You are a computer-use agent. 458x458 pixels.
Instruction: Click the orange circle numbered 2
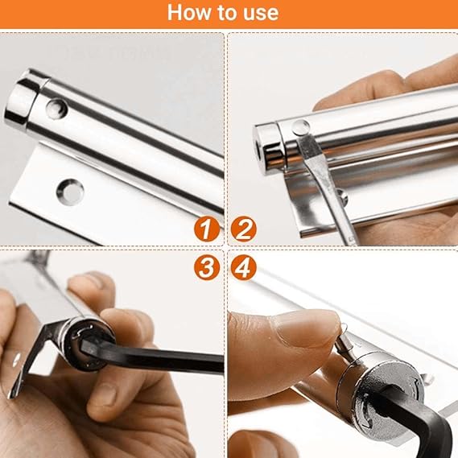244,229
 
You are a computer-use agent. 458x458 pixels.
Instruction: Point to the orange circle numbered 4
244,266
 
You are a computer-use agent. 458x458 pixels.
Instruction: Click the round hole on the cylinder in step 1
56,109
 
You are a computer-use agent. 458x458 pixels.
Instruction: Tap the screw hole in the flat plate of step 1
70,191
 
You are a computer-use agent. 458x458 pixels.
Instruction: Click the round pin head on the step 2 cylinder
299,126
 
